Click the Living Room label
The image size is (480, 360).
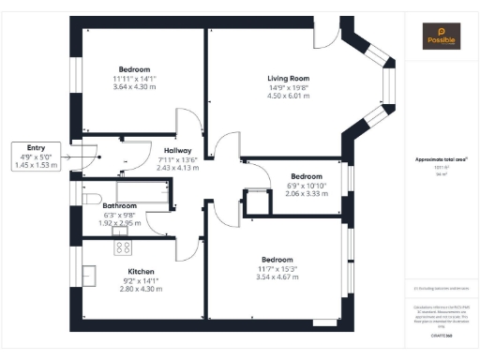pyautogui.click(x=288, y=79)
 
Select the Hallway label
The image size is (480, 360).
pyautogui.click(x=178, y=150)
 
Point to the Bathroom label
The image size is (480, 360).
pyautogui.click(x=120, y=205)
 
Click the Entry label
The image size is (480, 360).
pyautogui.click(x=36, y=147)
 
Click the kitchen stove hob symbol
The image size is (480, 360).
pyautogui.click(x=122, y=247)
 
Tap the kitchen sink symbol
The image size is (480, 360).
pyautogui.click(x=90, y=276)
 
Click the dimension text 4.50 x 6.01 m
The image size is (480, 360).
pyautogui.click(x=288, y=95)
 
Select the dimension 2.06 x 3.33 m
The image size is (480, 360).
pyautogui.click(x=307, y=192)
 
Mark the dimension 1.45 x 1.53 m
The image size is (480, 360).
pyautogui.click(x=36, y=165)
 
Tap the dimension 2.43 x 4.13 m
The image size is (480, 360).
pyautogui.click(x=178, y=167)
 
